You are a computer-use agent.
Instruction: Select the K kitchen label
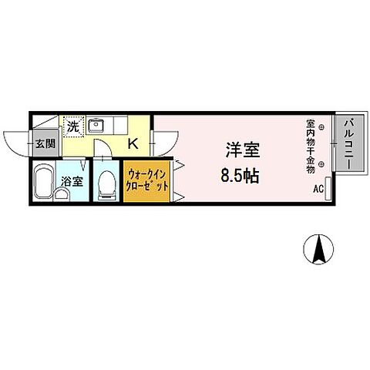click(x=132, y=143)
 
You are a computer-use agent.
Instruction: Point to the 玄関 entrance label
click(x=45, y=143)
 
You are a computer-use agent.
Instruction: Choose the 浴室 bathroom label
click(x=73, y=183)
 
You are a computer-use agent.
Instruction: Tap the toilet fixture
click(x=107, y=183)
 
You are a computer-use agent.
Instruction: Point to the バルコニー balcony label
click(x=348, y=143)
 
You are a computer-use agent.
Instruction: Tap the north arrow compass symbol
click(x=316, y=251)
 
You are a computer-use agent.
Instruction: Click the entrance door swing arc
click(x=15, y=143)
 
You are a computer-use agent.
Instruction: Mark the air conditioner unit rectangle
click(x=328, y=187)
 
